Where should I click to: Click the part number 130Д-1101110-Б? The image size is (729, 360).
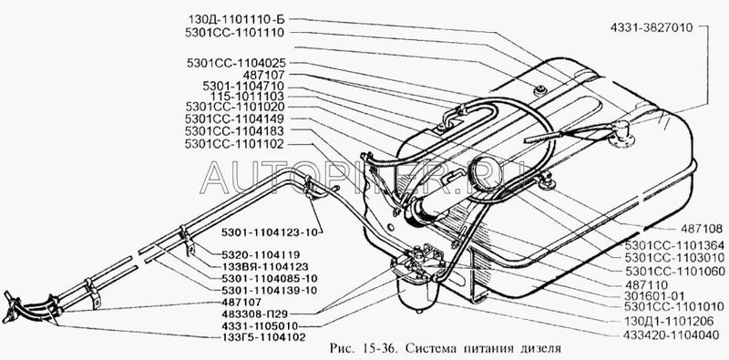[236, 19]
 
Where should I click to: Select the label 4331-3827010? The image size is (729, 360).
[652, 27]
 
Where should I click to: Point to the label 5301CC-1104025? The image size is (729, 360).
[236, 63]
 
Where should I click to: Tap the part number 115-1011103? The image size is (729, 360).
[247, 97]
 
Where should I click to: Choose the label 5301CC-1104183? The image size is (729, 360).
[234, 130]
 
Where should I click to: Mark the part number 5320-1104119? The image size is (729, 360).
[262, 255]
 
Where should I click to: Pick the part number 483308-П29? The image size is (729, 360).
[262, 314]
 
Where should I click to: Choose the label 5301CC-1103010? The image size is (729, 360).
[674, 258]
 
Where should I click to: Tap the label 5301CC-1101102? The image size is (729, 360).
[234, 144]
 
